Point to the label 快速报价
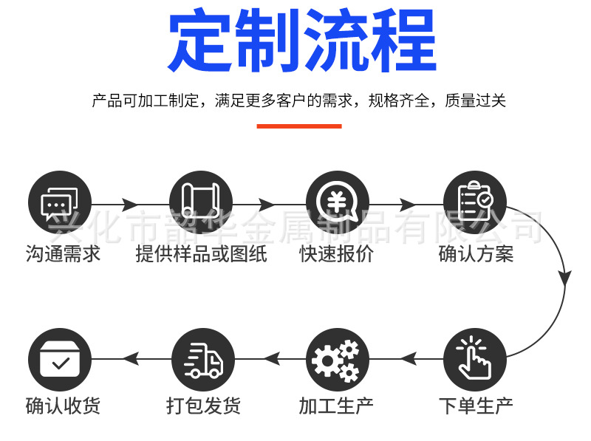tap(336, 255)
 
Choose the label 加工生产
tap(336, 406)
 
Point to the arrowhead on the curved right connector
tap(564, 278)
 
